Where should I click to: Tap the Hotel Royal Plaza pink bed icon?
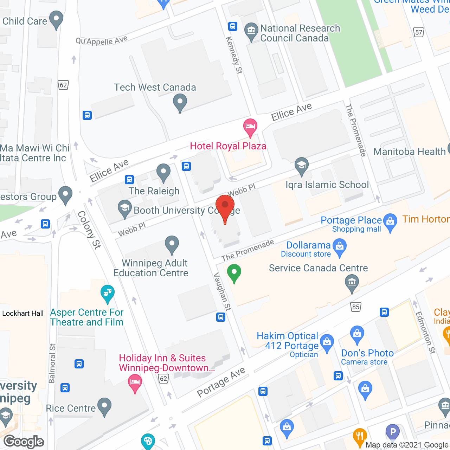point(250,127)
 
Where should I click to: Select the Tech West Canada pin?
point(180,103)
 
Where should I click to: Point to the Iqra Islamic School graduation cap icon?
point(301,166)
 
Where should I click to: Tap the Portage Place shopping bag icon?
point(390,222)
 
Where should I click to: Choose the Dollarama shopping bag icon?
point(340,247)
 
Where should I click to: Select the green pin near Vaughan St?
point(234,273)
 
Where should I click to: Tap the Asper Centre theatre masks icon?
point(107,293)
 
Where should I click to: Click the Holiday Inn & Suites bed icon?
point(134,382)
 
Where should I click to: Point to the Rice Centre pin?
point(104,406)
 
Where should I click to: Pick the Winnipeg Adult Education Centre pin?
point(172,244)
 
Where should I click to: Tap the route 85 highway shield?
point(356,307)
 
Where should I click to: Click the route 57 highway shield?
point(418,33)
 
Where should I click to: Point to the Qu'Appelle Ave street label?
point(101,41)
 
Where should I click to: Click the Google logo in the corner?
point(24,442)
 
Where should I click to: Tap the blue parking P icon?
point(393,432)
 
